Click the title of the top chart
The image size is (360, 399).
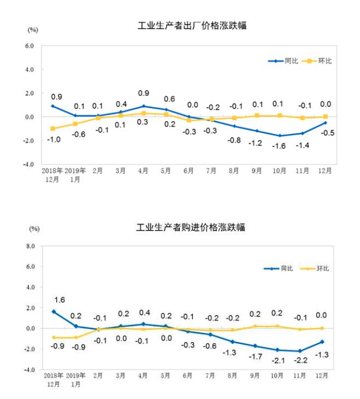pos(192,26)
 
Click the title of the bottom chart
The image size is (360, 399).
pos(191,227)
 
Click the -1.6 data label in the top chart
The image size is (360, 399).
pos(280,145)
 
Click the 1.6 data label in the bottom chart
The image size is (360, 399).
pos(60,300)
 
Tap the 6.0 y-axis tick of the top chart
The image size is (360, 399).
pos(29,46)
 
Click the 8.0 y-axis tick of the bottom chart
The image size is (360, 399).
pos(29,247)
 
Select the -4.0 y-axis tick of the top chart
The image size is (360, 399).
pos(28,164)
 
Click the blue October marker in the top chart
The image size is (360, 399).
pos(280,136)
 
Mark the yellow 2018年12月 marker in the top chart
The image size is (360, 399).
pos(53,128)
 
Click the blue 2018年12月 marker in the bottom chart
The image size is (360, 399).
pos(54,312)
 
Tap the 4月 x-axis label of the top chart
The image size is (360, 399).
pos(143,171)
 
